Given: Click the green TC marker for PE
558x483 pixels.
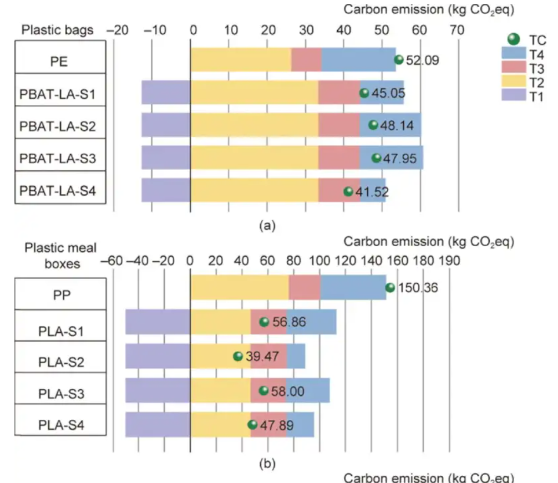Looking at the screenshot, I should [x=398, y=60].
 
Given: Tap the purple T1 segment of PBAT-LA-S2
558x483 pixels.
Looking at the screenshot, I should [x=166, y=125].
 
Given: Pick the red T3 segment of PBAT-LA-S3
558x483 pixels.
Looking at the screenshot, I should [x=339, y=158].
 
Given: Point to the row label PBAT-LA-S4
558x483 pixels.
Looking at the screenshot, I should [x=58, y=192].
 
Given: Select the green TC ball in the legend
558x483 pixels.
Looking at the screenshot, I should [x=514, y=39].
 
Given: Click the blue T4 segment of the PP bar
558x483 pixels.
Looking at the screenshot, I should [x=353, y=287].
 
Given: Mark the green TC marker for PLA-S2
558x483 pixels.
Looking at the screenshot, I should [x=238, y=356].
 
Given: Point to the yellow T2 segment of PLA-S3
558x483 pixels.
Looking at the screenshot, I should [x=220, y=390].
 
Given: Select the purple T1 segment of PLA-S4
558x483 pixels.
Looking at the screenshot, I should [x=158, y=425].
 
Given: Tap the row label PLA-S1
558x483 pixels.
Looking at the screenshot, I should [x=58, y=332].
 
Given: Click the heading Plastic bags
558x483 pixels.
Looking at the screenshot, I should [x=57, y=30].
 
